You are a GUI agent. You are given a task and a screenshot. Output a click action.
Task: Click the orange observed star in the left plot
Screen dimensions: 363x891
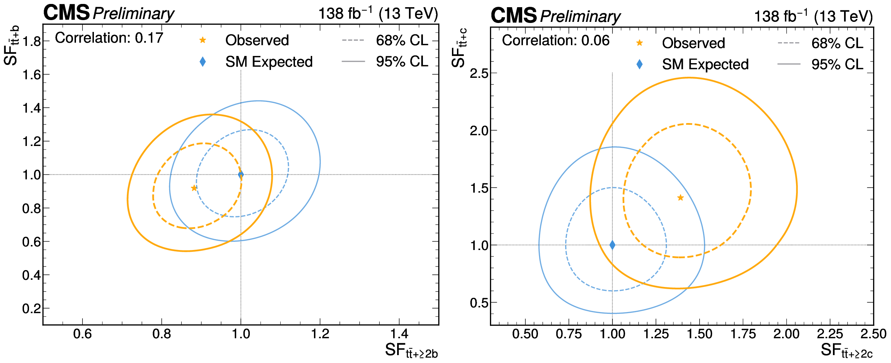point(194,188)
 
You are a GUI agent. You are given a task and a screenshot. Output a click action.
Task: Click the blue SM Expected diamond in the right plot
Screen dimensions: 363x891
point(612,245)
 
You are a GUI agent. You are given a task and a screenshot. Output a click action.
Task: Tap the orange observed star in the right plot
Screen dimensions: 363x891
point(680,198)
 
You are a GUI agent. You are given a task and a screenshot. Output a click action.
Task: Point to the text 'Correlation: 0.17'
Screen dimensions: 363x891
point(109,38)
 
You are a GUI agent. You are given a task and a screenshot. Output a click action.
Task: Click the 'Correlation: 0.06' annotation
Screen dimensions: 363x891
point(556,41)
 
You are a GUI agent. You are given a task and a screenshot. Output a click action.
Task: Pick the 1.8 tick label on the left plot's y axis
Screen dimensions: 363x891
point(32,42)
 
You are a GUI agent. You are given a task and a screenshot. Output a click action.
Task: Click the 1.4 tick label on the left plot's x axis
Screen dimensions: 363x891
point(399,334)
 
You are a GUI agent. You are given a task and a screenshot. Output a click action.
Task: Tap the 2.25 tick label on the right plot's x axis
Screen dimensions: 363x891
point(830,334)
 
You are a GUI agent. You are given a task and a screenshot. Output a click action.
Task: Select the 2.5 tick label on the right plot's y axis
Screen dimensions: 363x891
point(479,74)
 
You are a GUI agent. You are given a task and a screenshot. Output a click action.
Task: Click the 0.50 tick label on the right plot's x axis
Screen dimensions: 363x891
point(525,334)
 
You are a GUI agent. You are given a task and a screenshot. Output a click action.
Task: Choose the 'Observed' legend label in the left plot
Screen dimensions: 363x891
point(257,40)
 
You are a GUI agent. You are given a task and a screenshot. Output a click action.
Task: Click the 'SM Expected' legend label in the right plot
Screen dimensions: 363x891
point(705,65)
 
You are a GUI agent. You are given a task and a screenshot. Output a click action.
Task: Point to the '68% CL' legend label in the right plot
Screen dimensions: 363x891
point(837,43)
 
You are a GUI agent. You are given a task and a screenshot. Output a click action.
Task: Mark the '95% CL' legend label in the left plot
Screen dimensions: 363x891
point(402,62)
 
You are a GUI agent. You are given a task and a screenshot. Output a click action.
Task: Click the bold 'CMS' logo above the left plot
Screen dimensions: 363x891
point(67,13)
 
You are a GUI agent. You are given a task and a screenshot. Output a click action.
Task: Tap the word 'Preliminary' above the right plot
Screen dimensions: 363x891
point(580,16)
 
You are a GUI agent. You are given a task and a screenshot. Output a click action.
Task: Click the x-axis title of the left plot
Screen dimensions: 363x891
point(411,351)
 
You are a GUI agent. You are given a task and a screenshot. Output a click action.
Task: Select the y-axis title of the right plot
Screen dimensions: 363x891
point(459,48)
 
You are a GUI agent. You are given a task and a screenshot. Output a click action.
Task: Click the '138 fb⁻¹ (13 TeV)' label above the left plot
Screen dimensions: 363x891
point(378,14)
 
